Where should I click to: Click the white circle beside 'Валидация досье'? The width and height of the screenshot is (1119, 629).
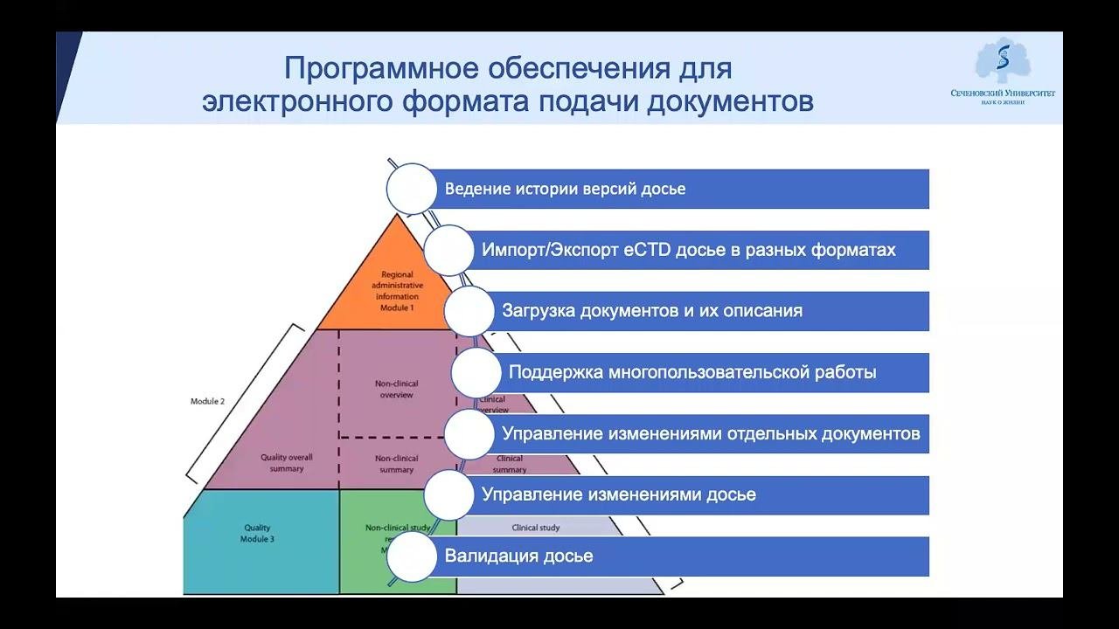tap(411, 556)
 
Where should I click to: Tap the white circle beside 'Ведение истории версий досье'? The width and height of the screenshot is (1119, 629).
tap(411, 189)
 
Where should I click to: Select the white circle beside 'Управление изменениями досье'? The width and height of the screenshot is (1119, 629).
tap(448, 495)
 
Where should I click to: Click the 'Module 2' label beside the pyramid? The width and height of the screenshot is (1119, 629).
tap(207, 401)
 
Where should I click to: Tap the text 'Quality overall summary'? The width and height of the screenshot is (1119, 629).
tap(287, 463)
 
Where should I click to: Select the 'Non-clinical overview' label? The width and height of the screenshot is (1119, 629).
tap(396, 389)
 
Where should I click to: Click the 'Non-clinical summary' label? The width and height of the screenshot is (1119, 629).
tap(396, 464)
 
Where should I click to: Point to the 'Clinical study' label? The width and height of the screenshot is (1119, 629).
tap(535, 528)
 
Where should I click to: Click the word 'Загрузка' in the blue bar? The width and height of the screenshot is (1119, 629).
tap(538, 311)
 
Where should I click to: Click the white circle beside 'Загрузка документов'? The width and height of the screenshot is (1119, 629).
tap(469, 311)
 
